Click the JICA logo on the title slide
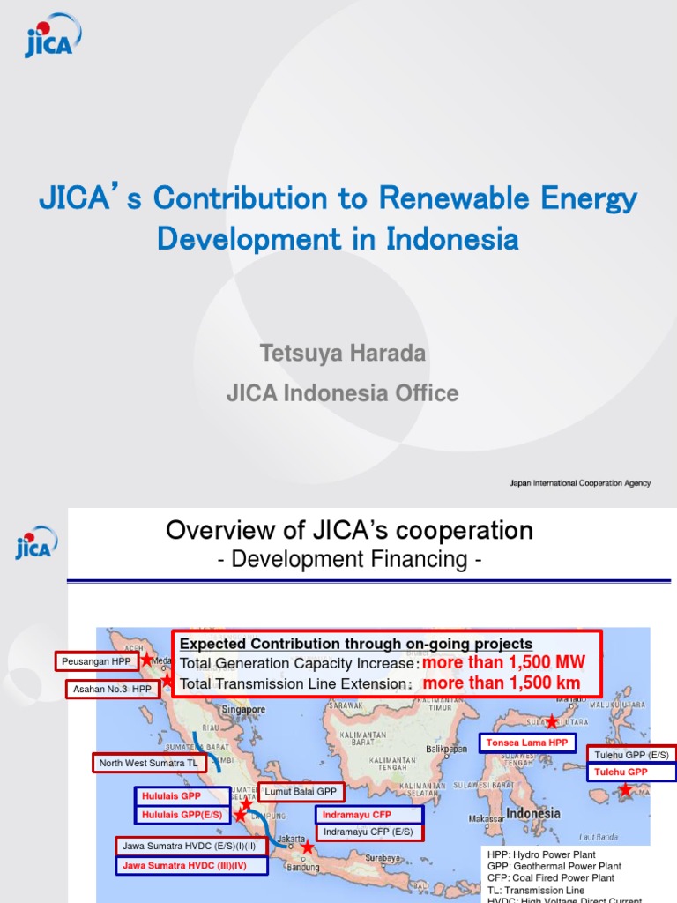coord(52,36)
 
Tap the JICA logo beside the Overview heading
coord(36,541)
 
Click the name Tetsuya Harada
coord(343,354)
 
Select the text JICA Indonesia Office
coord(343,393)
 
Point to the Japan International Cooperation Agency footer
coord(580,483)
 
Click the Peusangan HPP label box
coord(97,660)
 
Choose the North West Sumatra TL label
coord(148,763)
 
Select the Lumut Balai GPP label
coord(301,792)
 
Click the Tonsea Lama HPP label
coord(528,743)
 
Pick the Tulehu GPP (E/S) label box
coord(631,755)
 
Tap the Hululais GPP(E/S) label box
coord(182,815)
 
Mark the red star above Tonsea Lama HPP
coord(552,721)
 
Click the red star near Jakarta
coord(307,847)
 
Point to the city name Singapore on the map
coord(244,709)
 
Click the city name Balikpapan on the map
coord(446,749)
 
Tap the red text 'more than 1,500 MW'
coord(503,663)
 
